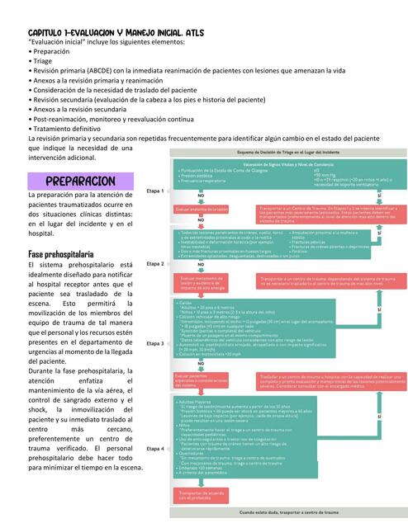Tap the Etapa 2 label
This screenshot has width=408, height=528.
155,264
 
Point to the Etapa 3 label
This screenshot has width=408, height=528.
155,342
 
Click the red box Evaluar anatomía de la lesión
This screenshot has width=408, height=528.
201,210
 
